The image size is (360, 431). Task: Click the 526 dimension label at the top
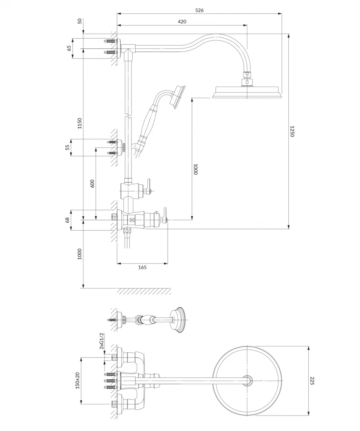[x=200, y=11]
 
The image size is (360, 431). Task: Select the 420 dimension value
[x=182, y=21]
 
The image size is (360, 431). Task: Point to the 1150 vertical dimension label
[x=80, y=123]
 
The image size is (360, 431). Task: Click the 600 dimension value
[x=92, y=183]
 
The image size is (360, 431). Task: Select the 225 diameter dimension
[x=312, y=381]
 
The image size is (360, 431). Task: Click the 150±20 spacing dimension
[x=77, y=381]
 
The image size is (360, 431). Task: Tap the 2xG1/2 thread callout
[x=101, y=341]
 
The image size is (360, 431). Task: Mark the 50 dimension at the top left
[x=80, y=21]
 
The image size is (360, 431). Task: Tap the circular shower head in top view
[x=247, y=381]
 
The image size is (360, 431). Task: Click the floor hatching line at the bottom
[x=143, y=291]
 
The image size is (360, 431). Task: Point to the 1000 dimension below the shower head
[x=195, y=169]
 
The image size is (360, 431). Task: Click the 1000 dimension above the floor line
[x=80, y=254]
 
